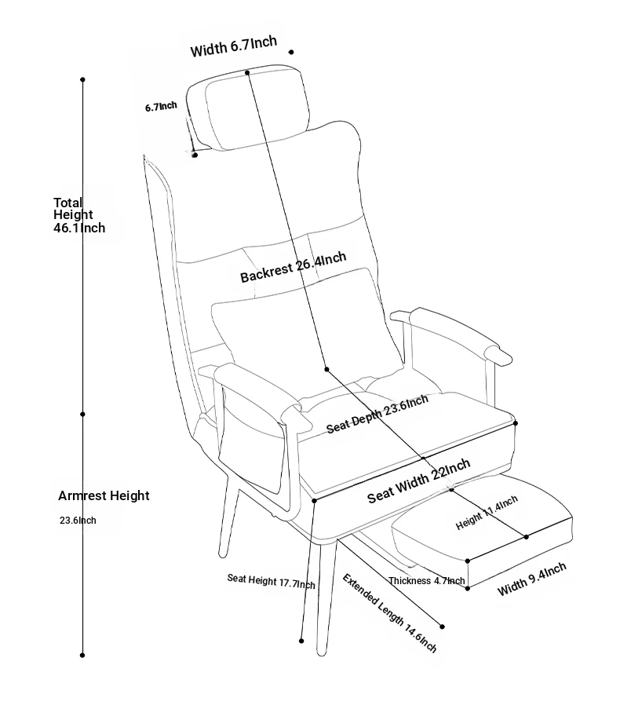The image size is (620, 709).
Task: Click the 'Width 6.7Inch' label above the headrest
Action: point(234,46)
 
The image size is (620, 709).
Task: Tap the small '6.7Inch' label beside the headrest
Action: point(161,107)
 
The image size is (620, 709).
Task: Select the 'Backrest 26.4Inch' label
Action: point(294,267)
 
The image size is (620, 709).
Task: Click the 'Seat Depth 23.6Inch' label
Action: point(377,414)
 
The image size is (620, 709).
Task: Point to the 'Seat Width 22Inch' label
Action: point(419,481)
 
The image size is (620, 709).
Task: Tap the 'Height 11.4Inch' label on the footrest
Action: point(487,513)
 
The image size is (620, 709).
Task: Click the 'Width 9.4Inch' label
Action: point(532,579)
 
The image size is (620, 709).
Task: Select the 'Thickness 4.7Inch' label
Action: point(427,580)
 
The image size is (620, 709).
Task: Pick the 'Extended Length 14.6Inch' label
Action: point(389,613)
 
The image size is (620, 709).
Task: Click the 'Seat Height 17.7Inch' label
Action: point(271,581)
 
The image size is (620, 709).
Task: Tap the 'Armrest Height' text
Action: point(104,496)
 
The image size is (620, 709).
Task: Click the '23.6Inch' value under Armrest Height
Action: point(78,521)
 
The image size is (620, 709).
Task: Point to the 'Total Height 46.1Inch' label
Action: point(79,215)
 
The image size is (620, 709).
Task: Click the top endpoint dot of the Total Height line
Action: point(82,79)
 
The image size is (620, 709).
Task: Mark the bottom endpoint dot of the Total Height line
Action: point(82,655)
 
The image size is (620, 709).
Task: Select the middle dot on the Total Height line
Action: point(82,415)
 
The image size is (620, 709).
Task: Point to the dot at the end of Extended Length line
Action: point(442,627)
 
